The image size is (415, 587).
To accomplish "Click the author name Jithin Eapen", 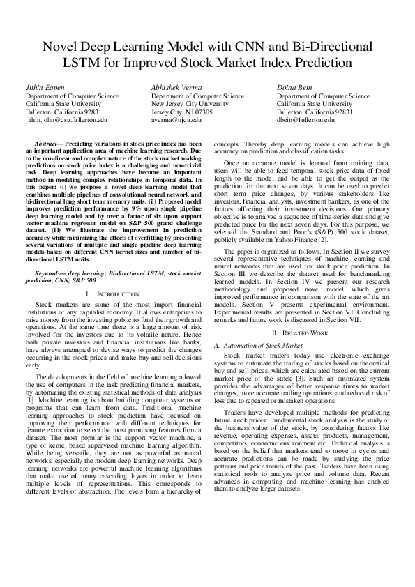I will [x=45, y=86].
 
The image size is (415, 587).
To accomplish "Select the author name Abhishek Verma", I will [x=174, y=86].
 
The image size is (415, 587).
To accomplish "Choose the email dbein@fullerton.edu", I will [x=308, y=119].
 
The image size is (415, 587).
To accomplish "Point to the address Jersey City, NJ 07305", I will [x=182, y=112].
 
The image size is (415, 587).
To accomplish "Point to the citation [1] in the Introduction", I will [x=30, y=402].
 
